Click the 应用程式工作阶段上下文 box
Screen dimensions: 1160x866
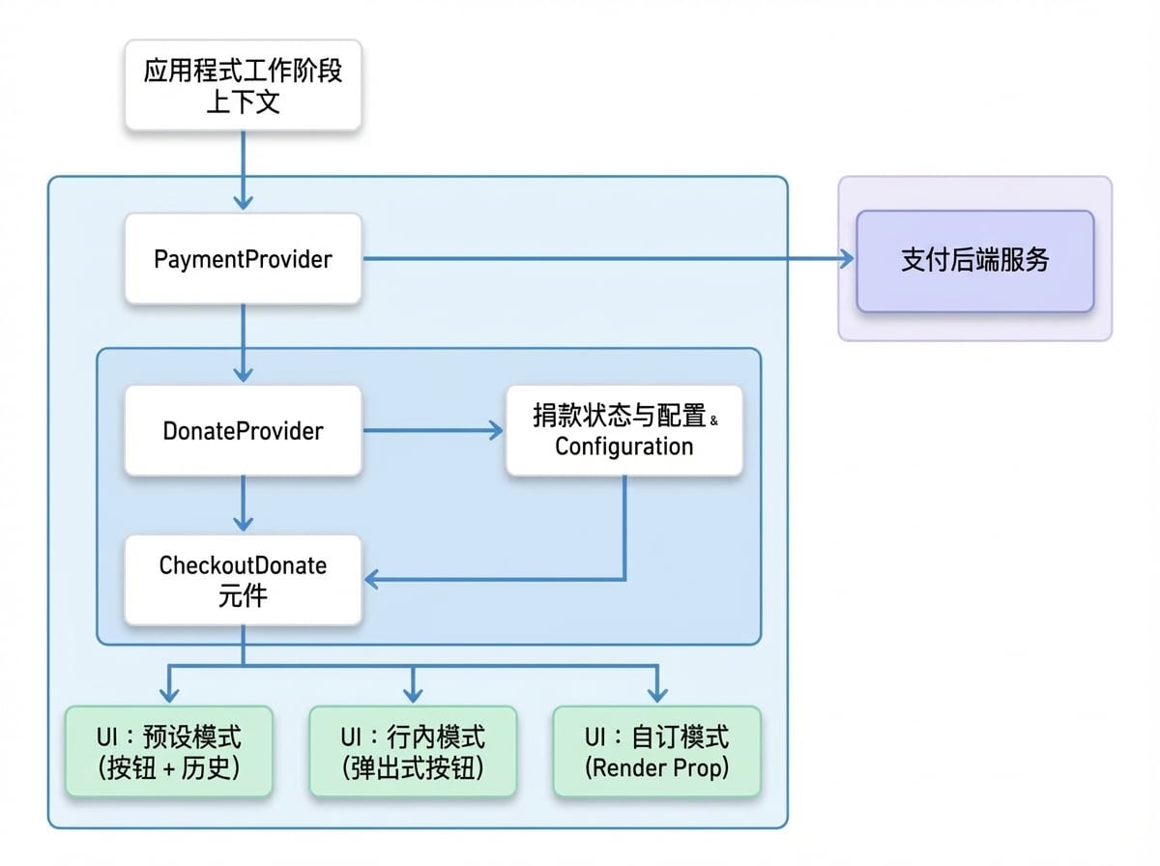243,85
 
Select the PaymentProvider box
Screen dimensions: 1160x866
243,258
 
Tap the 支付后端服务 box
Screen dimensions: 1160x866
975,261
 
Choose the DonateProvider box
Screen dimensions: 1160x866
243,431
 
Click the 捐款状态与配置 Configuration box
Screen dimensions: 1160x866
624,431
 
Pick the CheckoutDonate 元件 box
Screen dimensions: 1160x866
243,580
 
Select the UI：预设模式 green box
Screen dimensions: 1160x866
169,751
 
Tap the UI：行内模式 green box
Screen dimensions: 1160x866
413,751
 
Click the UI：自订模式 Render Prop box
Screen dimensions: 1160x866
657,751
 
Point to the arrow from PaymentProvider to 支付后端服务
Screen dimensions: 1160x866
609,258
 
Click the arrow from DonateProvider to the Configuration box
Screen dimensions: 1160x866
433,431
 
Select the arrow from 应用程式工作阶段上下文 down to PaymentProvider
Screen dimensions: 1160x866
243,170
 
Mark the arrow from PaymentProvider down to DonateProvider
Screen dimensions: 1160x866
243,343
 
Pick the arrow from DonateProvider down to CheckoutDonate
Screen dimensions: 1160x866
243,504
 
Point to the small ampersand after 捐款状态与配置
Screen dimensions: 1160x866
714,420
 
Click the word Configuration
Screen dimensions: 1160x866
624,447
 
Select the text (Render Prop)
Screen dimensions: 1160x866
657,767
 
